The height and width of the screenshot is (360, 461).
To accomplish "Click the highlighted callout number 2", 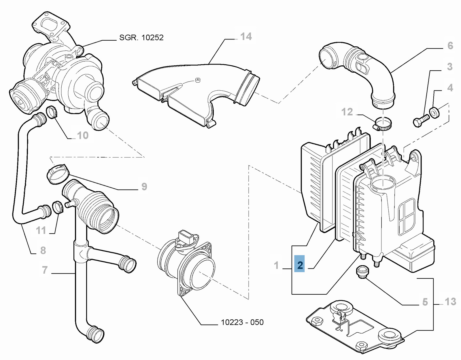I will [300, 265].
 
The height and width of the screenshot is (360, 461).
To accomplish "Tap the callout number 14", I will [246, 37].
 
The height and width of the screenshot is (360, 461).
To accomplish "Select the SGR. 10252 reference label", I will [141, 37].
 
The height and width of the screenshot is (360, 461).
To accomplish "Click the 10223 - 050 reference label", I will [242, 322].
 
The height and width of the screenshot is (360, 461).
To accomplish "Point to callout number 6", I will [450, 46].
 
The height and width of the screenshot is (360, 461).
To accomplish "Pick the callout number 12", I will [347, 112].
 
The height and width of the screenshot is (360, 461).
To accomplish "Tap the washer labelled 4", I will [434, 112].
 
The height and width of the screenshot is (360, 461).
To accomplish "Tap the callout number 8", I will [43, 250].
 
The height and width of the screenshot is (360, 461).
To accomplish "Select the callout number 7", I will [45, 270].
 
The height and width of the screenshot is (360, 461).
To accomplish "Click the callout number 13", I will [450, 302].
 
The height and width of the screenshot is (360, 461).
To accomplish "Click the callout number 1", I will [276, 265].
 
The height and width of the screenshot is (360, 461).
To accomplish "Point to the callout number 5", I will [425, 302].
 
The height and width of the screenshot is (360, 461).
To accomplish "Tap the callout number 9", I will [144, 187].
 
